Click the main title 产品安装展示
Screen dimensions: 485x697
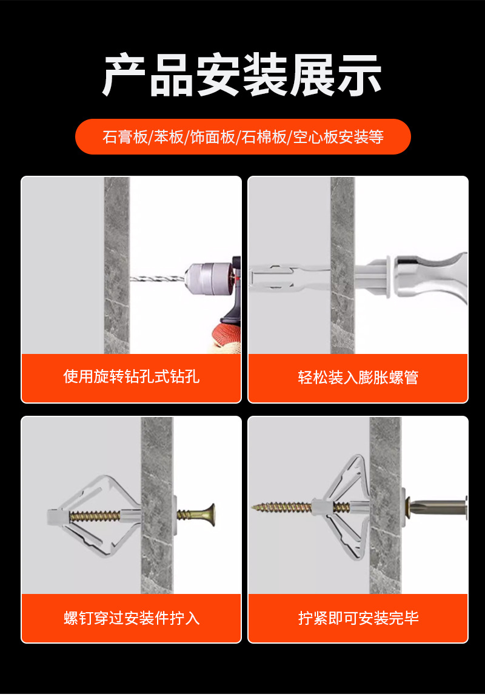(x=242, y=75)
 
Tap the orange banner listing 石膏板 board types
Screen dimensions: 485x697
(x=242, y=136)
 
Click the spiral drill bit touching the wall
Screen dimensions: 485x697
(x=158, y=279)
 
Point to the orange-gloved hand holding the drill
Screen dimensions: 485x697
(x=227, y=336)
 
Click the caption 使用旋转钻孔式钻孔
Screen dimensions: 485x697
(x=131, y=376)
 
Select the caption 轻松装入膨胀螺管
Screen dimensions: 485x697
(x=358, y=378)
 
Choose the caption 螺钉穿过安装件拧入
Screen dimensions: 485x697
(x=132, y=618)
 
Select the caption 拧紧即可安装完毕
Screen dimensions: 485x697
(x=358, y=618)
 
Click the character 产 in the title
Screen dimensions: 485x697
(x=124, y=75)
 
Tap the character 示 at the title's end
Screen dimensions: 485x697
(x=359, y=75)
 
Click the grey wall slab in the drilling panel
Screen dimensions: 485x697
(x=117, y=265)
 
